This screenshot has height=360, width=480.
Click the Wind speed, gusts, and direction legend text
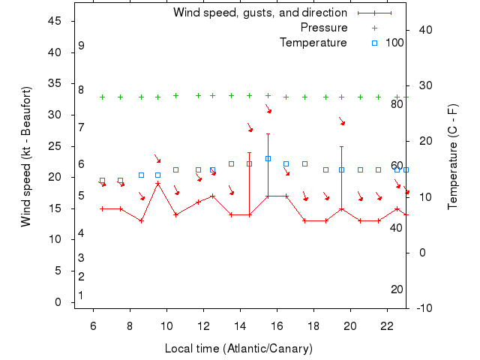259,13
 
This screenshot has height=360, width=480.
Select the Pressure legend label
324,28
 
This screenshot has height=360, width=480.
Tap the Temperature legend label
313,43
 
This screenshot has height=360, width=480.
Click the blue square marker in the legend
374,43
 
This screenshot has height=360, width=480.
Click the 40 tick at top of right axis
423,30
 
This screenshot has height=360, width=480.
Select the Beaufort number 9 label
81,46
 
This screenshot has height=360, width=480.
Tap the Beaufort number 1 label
81,295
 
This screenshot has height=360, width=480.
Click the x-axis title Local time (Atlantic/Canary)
238,349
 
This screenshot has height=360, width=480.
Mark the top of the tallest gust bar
268,133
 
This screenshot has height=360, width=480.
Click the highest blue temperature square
268,158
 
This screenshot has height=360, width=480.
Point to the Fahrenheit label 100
394,43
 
